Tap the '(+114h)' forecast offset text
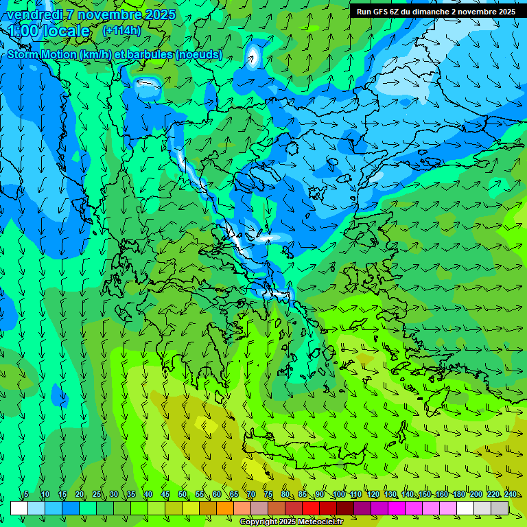coord(121,31)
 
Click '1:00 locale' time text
coord(49,31)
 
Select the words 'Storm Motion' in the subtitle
coord(41,55)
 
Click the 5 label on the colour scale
coord(26,495)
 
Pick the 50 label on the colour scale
coord(183,495)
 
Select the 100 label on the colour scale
coord(338,495)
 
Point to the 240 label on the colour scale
coord(510,495)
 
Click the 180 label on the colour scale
coord(458,495)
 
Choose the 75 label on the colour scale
coord(268,495)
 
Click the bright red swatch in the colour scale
coord(311,508)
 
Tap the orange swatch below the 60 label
coord(225,508)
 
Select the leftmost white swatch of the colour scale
coord(19,508)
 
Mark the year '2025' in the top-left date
coord(159,14)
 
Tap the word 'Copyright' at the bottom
coord(258,522)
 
